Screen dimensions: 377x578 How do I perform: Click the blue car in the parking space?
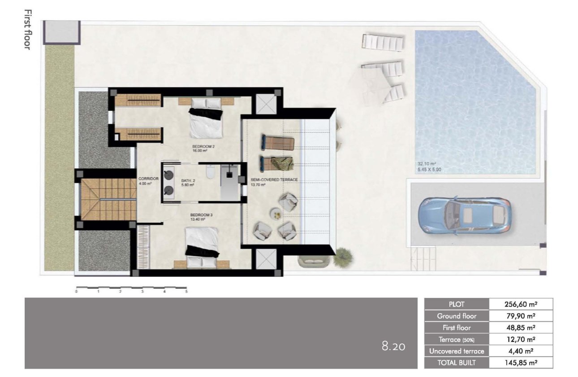[x=464, y=215]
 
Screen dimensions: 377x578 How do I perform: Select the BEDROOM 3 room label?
[x=202, y=215]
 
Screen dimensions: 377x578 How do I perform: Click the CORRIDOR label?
[x=146, y=178]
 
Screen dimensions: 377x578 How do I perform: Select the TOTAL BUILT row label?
[x=457, y=363]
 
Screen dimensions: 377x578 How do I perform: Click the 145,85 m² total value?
[x=521, y=363]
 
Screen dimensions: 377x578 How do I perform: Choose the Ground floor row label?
[x=457, y=316]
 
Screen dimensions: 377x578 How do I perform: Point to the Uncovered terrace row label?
[x=457, y=351]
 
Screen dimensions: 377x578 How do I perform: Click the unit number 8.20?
[x=393, y=346]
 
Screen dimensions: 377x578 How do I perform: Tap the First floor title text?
[x=27, y=29]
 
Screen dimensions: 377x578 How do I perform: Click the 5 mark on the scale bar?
[x=186, y=292]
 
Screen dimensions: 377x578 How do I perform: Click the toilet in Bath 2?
[x=210, y=172]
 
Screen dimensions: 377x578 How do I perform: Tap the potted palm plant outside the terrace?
[x=343, y=256]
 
